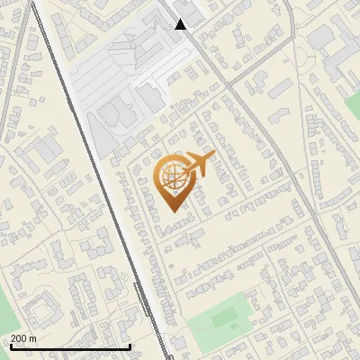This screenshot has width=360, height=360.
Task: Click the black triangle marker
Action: point(181,24)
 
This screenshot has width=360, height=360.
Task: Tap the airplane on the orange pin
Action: point(200,165)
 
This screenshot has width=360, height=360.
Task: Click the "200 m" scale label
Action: point(23,338)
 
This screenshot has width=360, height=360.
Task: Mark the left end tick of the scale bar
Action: point(10,346)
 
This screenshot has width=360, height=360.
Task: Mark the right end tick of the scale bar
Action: point(130,346)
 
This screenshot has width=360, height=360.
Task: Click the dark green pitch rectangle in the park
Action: point(225,318)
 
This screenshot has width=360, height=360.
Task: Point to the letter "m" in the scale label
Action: point(32,338)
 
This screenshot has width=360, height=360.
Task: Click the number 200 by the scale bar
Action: point(19,338)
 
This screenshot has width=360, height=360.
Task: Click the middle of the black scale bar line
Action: point(70,346)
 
